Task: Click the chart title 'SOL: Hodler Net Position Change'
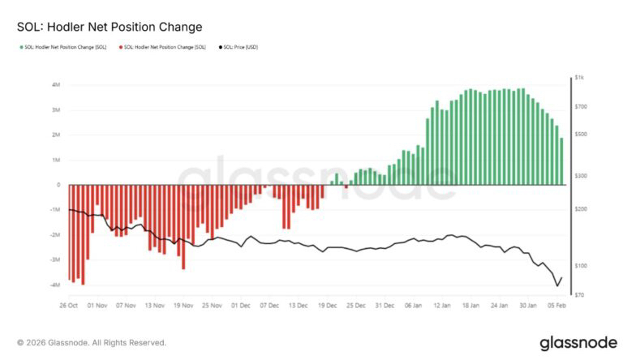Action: pyautogui.click(x=110, y=27)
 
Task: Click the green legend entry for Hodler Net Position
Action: pyautogui.click(x=65, y=48)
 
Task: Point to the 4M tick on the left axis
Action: pyautogui.click(x=56, y=84)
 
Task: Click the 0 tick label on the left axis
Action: pyautogui.click(x=58, y=185)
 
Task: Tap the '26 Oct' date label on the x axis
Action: pyautogui.click(x=68, y=306)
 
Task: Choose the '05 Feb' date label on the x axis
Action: pyautogui.click(x=556, y=306)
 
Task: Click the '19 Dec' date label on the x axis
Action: pyautogui.click(x=327, y=306)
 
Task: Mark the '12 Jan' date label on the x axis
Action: pyautogui.click(x=442, y=306)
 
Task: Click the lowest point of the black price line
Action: pyautogui.click(x=557, y=286)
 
